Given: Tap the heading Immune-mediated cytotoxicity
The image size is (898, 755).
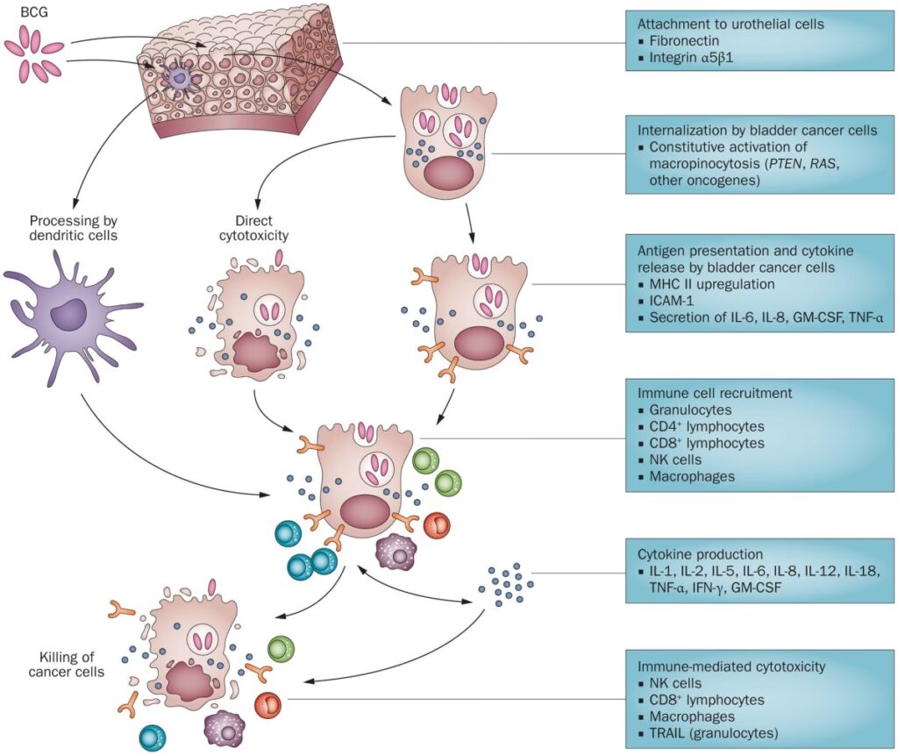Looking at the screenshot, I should pyautogui.click(x=731, y=666).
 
